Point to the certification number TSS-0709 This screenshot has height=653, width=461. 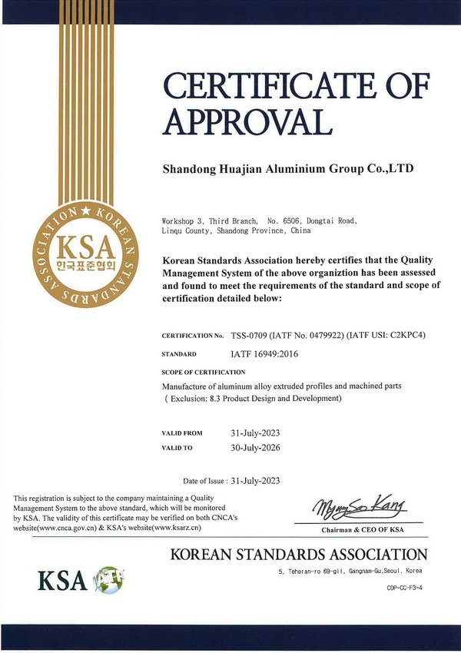tap(255, 336)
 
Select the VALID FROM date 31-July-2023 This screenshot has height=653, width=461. tap(256, 433)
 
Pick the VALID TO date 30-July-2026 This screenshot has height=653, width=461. tap(256, 447)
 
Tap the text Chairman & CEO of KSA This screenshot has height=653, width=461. tap(362, 530)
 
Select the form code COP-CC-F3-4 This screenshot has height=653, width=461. tap(403, 588)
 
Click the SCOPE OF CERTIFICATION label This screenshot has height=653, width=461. tap(204, 372)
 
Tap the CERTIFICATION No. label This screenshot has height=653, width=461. tap(193, 336)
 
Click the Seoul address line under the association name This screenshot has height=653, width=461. tap(350, 572)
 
